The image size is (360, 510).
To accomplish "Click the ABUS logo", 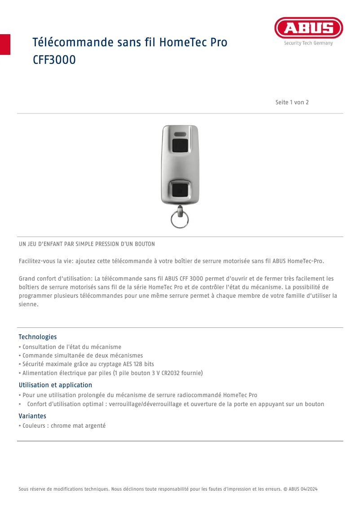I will [x=308, y=28].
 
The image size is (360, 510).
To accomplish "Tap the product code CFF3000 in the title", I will [x=54, y=60].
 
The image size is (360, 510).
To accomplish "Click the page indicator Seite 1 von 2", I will [x=292, y=102].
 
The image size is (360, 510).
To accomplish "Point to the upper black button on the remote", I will [x=180, y=145].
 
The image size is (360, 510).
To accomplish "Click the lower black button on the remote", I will [x=180, y=189].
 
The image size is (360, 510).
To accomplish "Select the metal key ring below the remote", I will [x=180, y=219].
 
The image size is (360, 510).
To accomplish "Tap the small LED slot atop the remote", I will [x=180, y=134].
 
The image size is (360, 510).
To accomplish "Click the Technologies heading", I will [x=38, y=337].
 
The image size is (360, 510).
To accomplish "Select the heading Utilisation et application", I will [x=55, y=385].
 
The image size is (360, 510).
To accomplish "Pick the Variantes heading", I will [x=32, y=416].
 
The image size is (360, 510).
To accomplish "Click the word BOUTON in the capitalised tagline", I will [x=144, y=244].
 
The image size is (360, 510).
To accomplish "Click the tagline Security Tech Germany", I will [x=308, y=44].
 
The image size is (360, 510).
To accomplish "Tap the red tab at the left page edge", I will [x=5, y=44].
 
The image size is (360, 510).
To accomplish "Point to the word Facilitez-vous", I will [x=35, y=261].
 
